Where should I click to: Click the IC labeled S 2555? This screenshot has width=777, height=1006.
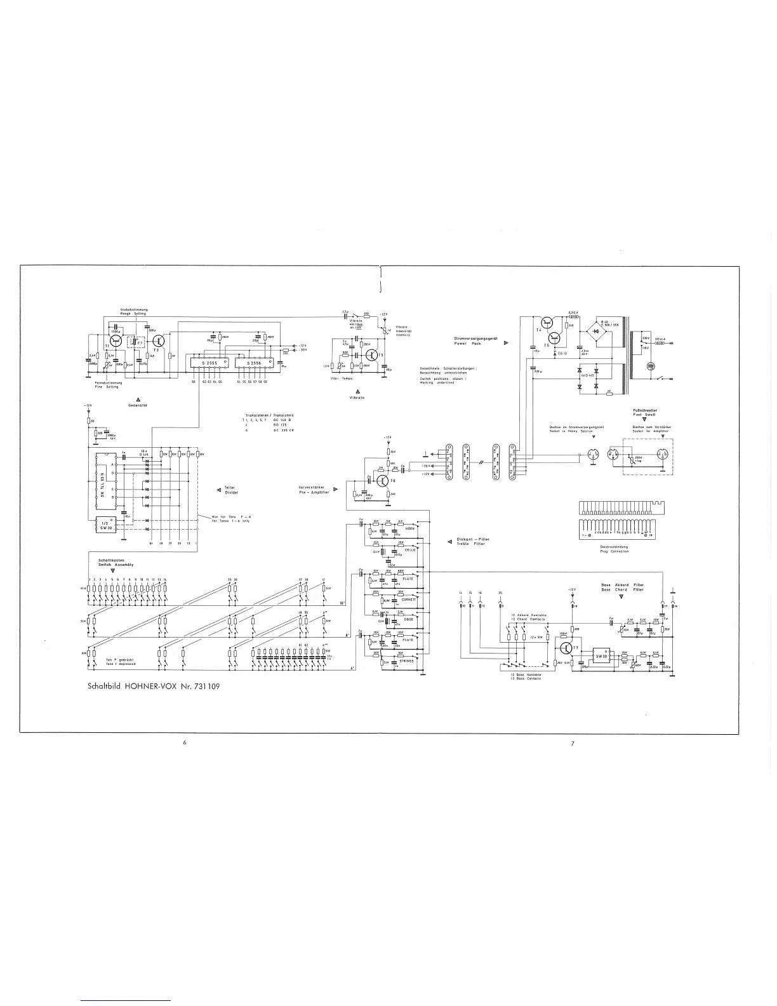pos(209,363)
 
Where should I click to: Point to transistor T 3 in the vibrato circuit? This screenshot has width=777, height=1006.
pos(374,354)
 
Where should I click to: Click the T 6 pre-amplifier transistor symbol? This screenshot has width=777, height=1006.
pos(383,481)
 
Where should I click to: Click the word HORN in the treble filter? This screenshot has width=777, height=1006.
pos(409,528)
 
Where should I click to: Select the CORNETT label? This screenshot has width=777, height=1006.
pos(409,599)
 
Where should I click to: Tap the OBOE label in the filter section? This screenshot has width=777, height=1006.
pos(408,619)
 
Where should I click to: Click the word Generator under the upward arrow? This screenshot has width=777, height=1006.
pos(138,405)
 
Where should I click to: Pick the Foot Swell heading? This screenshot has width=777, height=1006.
pos(644,414)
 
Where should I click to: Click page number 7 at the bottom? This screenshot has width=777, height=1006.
pos(573,744)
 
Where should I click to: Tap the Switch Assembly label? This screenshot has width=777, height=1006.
pos(116,564)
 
